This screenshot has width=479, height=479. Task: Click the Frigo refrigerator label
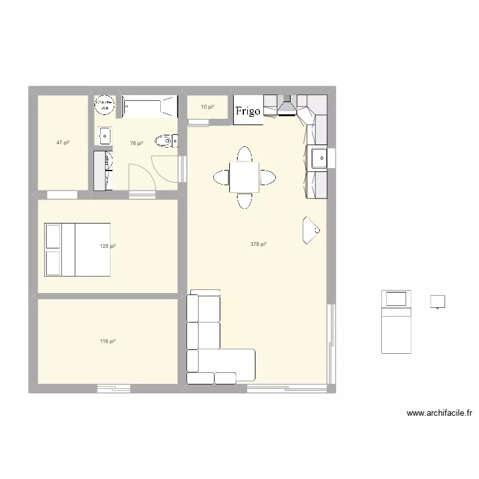(248, 111)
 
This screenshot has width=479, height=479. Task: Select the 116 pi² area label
(108, 342)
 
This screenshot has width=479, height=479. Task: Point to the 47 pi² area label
(62, 143)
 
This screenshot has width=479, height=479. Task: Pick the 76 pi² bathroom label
(136, 144)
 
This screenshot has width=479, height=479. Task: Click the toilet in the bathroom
(167, 140)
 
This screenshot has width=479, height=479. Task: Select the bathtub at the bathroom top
(149, 106)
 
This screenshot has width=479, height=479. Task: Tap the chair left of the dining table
(220, 177)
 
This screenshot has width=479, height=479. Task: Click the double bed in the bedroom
(77, 250)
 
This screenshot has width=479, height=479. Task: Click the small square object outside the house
(438, 301)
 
